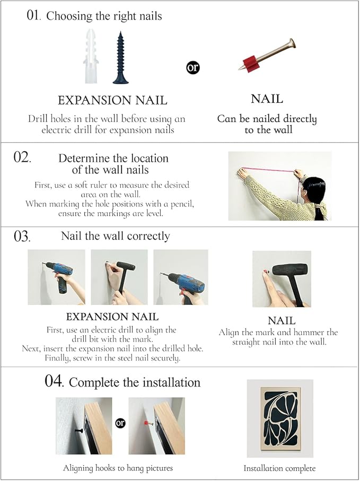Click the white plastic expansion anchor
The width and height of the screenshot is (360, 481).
pos(91,56)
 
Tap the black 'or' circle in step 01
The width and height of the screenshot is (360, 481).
pos(192,67)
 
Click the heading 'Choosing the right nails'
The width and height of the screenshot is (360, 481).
pos(104,16)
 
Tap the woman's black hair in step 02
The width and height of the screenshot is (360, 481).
pos(316,193)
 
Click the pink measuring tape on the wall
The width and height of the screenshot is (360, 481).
pos(267,170)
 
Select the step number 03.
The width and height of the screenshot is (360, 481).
pos(22,237)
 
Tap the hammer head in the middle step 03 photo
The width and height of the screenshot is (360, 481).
pos(126,266)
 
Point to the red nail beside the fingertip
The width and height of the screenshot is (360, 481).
pos(265,272)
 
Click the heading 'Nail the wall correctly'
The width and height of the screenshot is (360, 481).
pos(115,236)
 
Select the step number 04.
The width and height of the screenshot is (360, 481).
pos(54,381)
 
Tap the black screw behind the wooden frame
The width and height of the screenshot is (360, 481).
pos(78,431)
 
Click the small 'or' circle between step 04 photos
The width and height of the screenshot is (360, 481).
pos(120,423)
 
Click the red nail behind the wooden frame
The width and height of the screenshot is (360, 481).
pos(149,423)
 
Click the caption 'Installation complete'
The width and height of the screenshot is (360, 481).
pos(279,468)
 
